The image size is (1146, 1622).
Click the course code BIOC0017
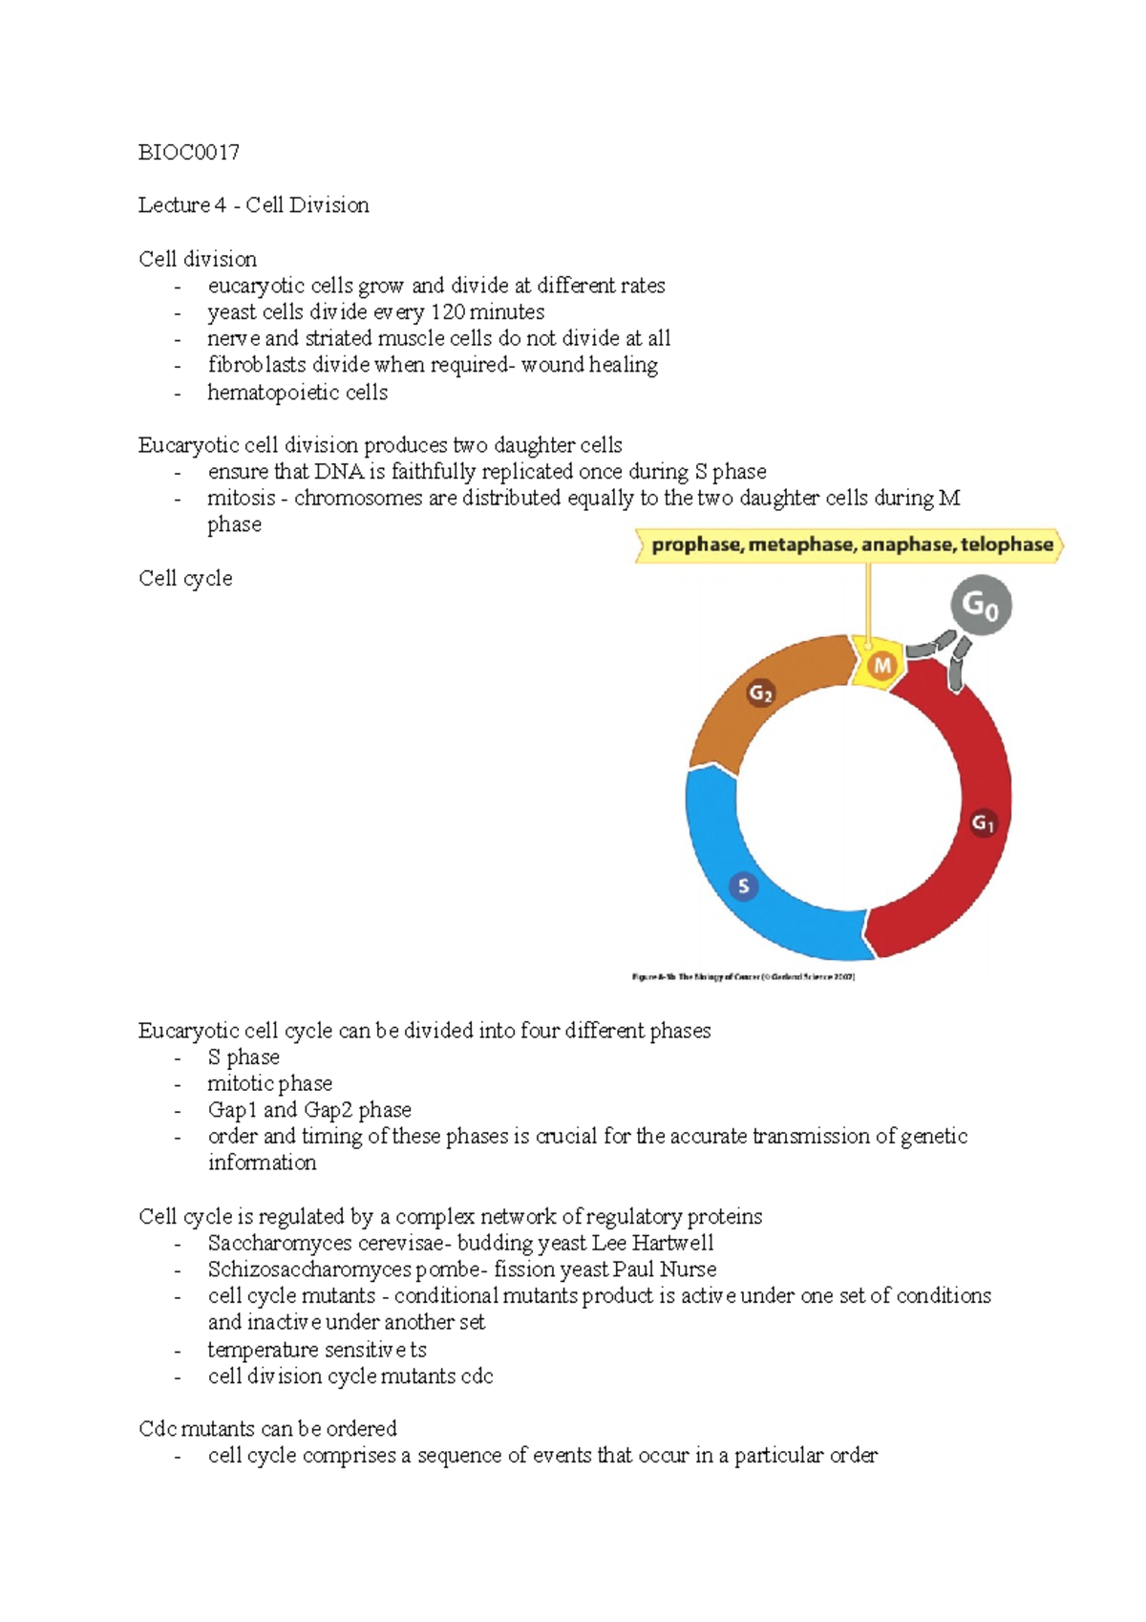188,152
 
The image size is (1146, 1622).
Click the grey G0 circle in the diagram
980,606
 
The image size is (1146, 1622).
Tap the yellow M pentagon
881,666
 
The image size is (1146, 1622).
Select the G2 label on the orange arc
760,694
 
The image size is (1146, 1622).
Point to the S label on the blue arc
743,886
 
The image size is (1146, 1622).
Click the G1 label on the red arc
983,823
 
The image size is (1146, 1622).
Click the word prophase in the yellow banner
696,545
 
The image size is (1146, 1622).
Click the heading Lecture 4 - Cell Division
253,205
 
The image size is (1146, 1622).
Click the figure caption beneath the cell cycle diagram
743,977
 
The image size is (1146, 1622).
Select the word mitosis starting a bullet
241,499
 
